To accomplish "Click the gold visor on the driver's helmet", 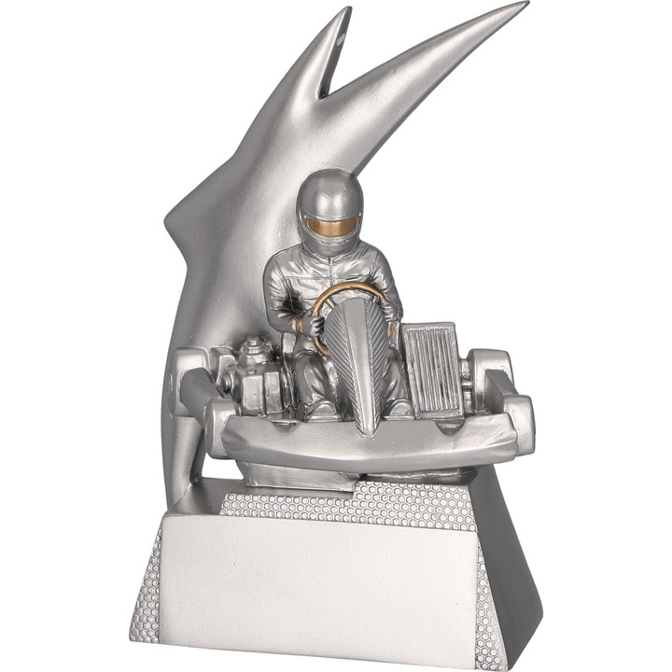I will click(332, 225).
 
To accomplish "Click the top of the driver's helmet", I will click(331, 185).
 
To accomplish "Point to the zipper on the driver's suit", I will click(327, 280).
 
